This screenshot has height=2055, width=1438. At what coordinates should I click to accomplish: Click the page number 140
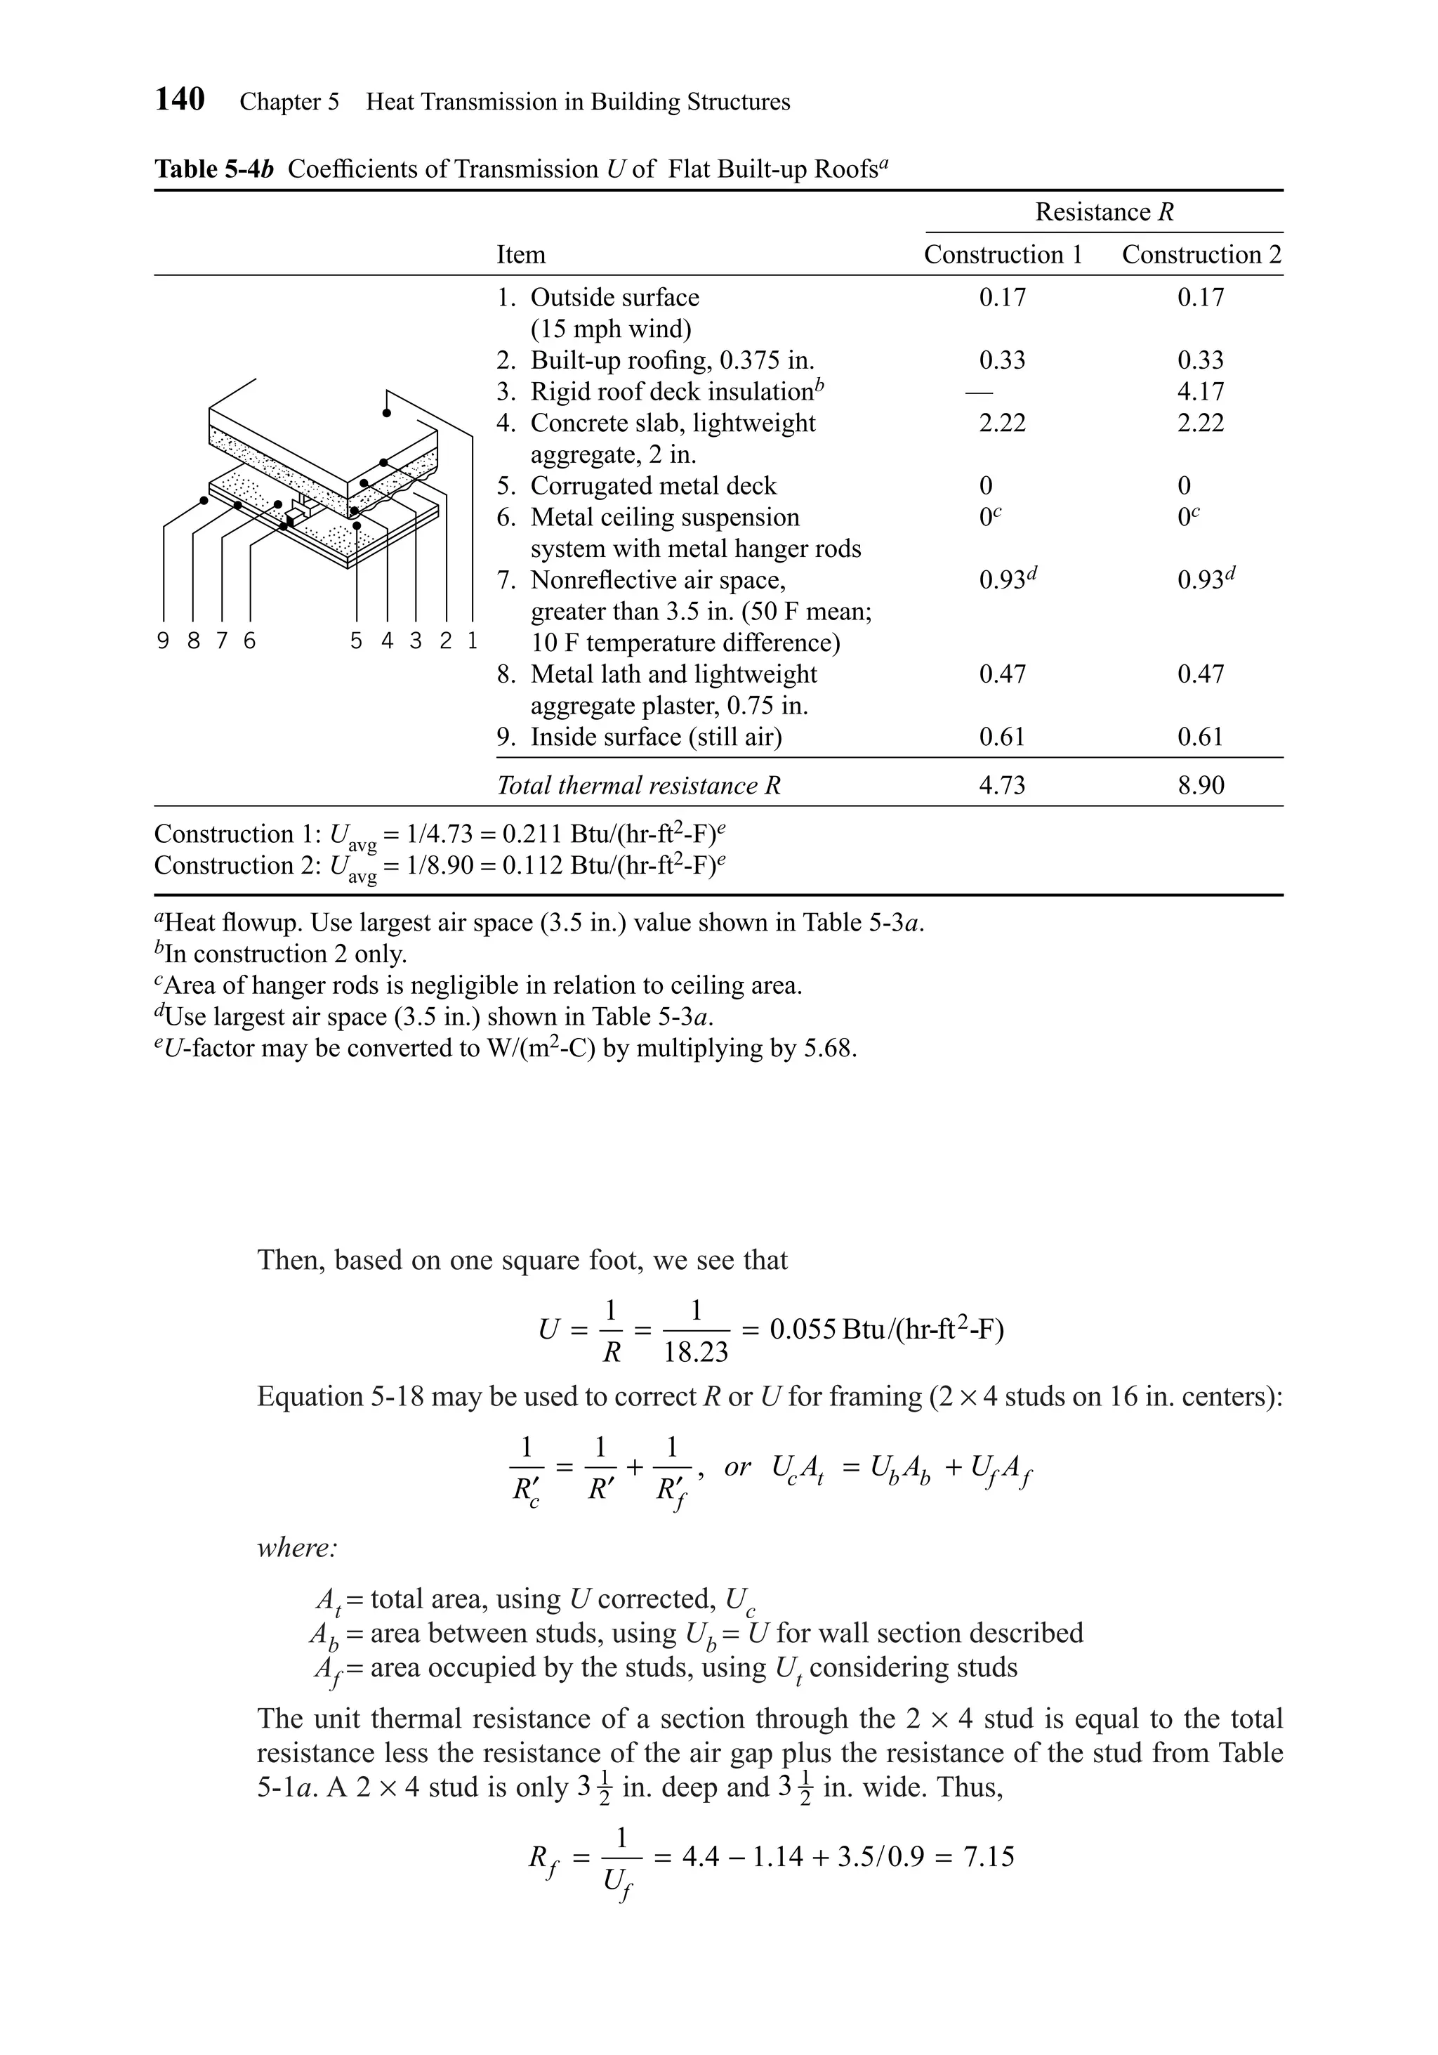click(180, 98)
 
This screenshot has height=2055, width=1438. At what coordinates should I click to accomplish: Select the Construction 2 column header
click(1201, 255)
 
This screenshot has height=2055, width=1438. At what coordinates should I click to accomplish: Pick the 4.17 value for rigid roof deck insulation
click(1200, 392)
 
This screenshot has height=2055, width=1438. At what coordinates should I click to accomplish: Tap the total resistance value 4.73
click(1001, 786)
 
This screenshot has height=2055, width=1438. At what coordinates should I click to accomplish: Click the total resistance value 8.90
click(1200, 786)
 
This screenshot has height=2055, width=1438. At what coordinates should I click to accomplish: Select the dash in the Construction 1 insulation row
click(985, 393)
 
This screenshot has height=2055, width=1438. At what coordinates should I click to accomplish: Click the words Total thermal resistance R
click(639, 786)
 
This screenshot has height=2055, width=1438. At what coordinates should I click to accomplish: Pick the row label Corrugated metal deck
click(653, 486)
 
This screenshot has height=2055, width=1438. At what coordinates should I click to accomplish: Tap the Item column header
click(521, 255)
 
